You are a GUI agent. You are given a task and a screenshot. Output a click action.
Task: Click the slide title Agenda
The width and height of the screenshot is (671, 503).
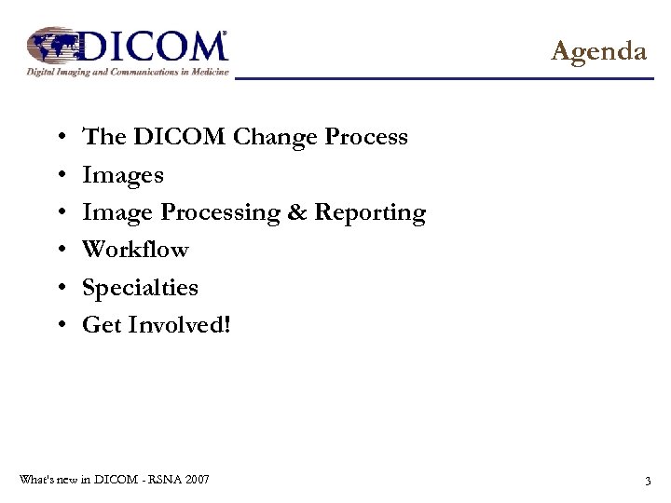click(598, 50)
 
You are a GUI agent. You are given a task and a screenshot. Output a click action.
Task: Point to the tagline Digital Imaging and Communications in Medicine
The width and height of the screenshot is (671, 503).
click(128, 71)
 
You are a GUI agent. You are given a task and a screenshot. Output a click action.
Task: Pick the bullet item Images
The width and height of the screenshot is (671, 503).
click(123, 175)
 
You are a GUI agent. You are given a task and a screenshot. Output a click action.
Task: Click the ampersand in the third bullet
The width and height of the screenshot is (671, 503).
click(297, 212)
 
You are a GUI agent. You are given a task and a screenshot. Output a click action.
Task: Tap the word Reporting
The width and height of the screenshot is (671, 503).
click(370, 214)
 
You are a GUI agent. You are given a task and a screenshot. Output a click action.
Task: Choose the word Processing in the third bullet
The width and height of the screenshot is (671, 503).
click(221, 214)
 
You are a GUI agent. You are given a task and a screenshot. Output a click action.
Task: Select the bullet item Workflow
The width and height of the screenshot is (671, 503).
click(135, 250)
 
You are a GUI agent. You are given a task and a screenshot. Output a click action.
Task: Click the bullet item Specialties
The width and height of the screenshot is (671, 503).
click(140, 288)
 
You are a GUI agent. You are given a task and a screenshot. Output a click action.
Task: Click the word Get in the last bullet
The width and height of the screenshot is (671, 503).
click(101, 325)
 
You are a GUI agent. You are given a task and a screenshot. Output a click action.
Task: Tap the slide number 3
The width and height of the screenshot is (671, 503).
click(647, 482)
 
